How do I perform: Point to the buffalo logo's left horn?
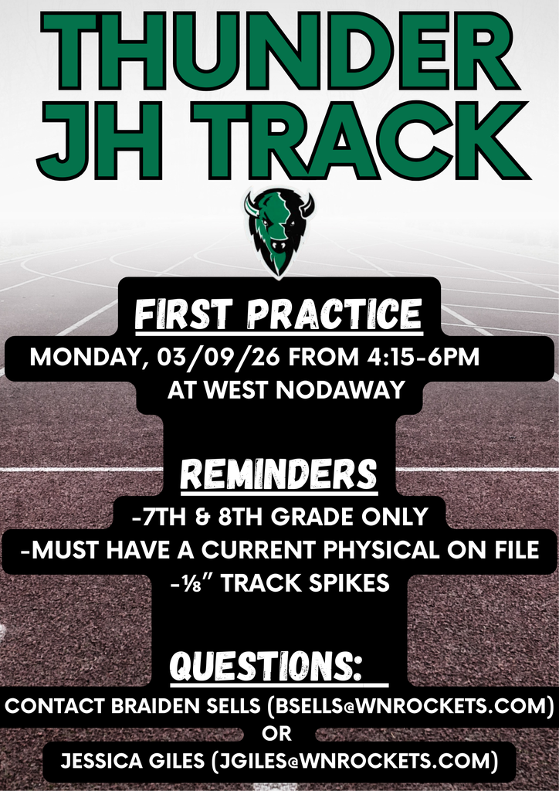[x=252, y=205]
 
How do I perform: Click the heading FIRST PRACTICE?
[x=279, y=315]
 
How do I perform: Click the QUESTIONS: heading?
[x=266, y=664]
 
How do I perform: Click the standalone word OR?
[x=279, y=732]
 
